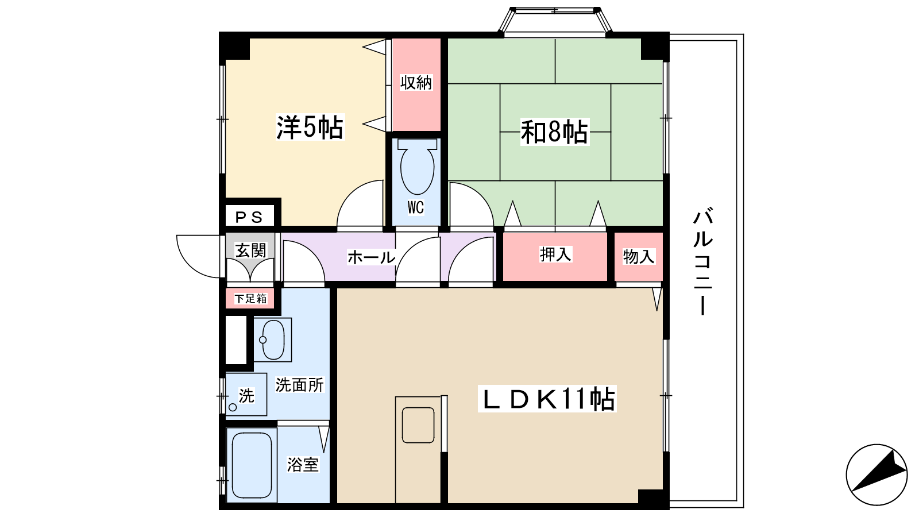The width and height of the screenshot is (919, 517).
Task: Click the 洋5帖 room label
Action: tap(310, 128)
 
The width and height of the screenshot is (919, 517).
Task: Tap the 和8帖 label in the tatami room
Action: tap(554, 132)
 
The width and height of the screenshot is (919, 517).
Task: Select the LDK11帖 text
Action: tap(547, 399)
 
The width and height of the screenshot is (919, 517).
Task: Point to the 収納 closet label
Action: tap(416, 83)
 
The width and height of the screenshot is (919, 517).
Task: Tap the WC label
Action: tap(416, 207)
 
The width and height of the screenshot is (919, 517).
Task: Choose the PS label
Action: tap(249, 217)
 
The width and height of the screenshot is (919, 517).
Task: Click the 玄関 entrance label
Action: tap(250, 250)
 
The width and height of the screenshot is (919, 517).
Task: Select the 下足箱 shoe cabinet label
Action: tap(250, 298)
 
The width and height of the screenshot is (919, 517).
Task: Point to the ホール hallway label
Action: tap(371, 257)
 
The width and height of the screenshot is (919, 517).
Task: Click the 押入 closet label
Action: tap(555, 254)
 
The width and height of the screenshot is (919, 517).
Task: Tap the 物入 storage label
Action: tap(639, 256)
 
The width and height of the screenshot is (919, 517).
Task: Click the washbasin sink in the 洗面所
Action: tap(273, 339)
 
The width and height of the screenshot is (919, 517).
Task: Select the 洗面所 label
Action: tap(299, 385)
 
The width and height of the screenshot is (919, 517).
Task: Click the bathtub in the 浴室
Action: tap(252, 465)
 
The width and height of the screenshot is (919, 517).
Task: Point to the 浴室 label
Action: tap(303, 465)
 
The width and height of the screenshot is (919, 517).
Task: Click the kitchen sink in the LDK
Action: tap(418, 425)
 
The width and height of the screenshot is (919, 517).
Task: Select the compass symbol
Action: tap(876, 474)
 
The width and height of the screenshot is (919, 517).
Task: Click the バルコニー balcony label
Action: tap(703, 262)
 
